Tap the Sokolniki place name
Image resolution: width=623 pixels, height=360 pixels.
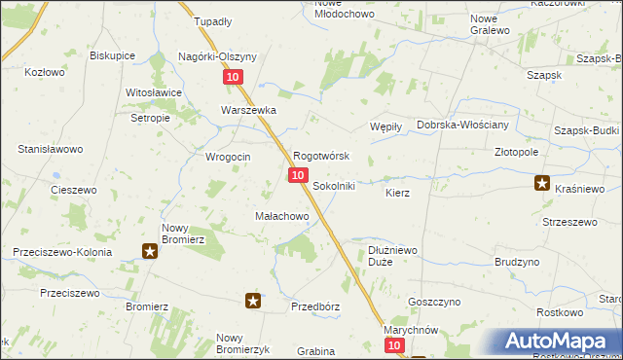[x=334, y=185]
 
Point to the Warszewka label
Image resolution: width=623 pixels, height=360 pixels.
[x=248, y=111]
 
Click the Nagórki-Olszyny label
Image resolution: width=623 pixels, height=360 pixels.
[x=217, y=56]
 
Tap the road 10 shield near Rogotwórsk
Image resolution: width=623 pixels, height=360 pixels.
[x=298, y=174]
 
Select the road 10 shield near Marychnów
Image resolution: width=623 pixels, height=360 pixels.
[x=392, y=345]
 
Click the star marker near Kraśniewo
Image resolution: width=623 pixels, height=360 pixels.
[x=542, y=182]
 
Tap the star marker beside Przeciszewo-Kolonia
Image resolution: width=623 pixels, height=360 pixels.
[x=150, y=251]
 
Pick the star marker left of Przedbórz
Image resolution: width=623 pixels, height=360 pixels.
[x=253, y=301]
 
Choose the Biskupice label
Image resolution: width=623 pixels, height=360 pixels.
[x=112, y=55]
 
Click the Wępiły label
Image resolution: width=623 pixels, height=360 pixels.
[x=386, y=126]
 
